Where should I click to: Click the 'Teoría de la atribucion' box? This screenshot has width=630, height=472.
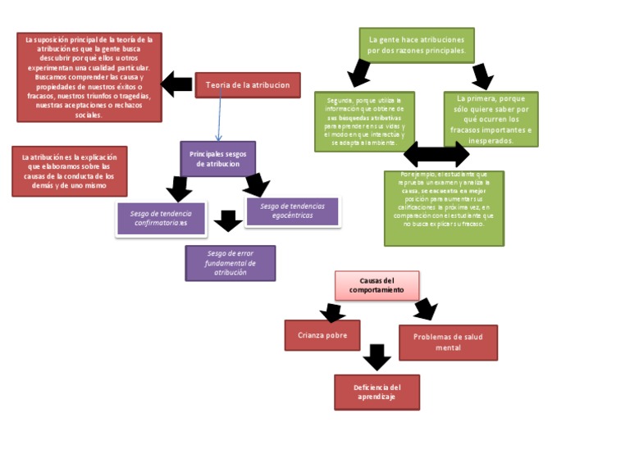pos(248,85)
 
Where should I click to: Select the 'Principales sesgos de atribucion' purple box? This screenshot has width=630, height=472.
pos(217,158)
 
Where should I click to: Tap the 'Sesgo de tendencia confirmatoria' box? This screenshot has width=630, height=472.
pos(161,219)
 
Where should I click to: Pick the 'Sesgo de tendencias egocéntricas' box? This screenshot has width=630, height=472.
pos(292,211)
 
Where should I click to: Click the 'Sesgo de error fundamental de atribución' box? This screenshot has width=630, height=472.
pos(230,263)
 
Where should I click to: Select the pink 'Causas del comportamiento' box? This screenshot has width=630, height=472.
pos(377,285)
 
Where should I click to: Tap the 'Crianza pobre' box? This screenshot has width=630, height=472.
pos(322,335)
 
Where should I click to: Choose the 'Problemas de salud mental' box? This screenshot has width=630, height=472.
pos(448,343)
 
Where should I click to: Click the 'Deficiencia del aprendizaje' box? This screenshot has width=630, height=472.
pos(377,392)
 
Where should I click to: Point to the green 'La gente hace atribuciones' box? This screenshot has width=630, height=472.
pos(417,44)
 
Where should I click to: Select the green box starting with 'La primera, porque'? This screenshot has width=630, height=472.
pos(491,119)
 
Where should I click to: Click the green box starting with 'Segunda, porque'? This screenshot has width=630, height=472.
pos(364,121)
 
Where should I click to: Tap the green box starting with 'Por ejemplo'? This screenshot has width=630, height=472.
pos(444,208)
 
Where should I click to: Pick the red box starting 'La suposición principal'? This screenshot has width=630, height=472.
pos(89,77)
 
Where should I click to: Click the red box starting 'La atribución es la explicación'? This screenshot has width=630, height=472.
pos(69,171)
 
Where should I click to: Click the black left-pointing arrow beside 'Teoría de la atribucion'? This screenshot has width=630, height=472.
pos(176,84)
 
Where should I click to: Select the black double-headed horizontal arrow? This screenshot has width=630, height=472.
pos(436,153)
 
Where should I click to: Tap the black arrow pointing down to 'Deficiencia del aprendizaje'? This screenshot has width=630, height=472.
pos(376,357)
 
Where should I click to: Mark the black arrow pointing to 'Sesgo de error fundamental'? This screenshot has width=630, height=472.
pos(228,220)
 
